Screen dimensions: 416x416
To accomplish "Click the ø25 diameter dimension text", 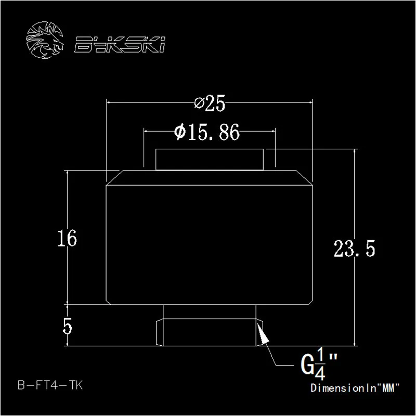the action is [x=210, y=103].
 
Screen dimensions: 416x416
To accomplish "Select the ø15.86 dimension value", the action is [x=207, y=132].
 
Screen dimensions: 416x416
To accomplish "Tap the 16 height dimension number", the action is [x=68, y=238].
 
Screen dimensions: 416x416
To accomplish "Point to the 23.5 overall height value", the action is [x=355, y=249].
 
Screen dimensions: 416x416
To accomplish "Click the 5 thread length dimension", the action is [x=68, y=327].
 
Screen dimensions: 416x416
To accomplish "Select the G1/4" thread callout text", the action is [x=319, y=365].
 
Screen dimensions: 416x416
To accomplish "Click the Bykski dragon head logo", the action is [x=45, y=40].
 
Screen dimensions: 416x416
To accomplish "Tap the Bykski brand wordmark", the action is [x=120, y=44].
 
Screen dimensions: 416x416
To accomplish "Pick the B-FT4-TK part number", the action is [x=50, y=385].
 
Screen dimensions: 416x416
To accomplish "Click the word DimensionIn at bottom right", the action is [x=345, y=388].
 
